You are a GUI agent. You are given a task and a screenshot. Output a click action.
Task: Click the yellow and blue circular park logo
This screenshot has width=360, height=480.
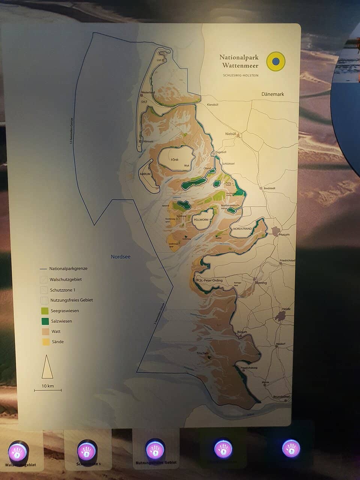coord(276,61)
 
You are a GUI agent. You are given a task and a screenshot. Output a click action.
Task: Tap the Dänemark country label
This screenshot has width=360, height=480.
coord(273,94)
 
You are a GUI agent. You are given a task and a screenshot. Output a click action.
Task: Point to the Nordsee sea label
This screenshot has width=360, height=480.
coord(120,256)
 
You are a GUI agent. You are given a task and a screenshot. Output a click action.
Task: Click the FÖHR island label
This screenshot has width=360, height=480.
coord(174,160)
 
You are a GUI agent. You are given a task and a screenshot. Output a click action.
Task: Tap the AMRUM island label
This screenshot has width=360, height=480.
coord(145,174)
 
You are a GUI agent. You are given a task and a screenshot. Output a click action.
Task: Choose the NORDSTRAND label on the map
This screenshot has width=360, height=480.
coord(242,229)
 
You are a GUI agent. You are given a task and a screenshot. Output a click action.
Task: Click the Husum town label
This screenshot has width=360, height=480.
coord(284,235)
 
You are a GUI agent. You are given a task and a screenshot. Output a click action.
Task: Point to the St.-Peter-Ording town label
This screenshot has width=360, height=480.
coord(211,280)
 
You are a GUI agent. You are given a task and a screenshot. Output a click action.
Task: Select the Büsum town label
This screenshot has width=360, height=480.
coord(242,332)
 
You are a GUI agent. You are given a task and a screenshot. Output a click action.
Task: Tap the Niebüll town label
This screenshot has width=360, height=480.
coord(230,134)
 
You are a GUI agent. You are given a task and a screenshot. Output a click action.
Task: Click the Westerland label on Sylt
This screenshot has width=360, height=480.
coord(148,92)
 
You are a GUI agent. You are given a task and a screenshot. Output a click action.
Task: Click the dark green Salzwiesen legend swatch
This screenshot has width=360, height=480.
coord(45,321)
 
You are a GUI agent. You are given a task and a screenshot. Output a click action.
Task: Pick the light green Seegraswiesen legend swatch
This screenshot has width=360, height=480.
coord(45,311)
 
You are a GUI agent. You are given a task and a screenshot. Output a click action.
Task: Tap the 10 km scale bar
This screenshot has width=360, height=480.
coord(48,390)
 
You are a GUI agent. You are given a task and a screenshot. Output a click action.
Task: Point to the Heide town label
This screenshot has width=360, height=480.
coord(286,309)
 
